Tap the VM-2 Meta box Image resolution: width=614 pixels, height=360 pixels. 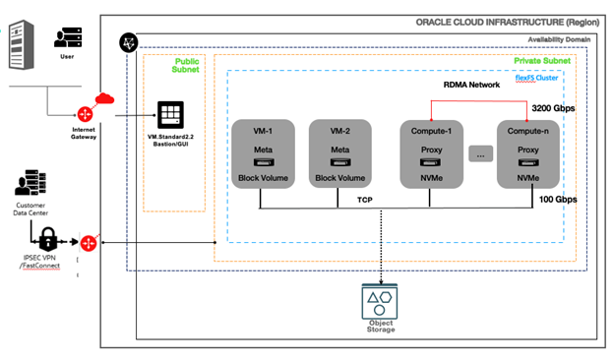point(340,153)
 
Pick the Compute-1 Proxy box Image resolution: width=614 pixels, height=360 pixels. point(431,153)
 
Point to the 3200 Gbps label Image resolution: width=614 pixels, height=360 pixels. point(555,108)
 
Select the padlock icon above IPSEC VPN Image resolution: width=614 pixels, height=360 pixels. point(47,236)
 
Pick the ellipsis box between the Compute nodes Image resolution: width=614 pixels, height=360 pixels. point(479,154)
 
